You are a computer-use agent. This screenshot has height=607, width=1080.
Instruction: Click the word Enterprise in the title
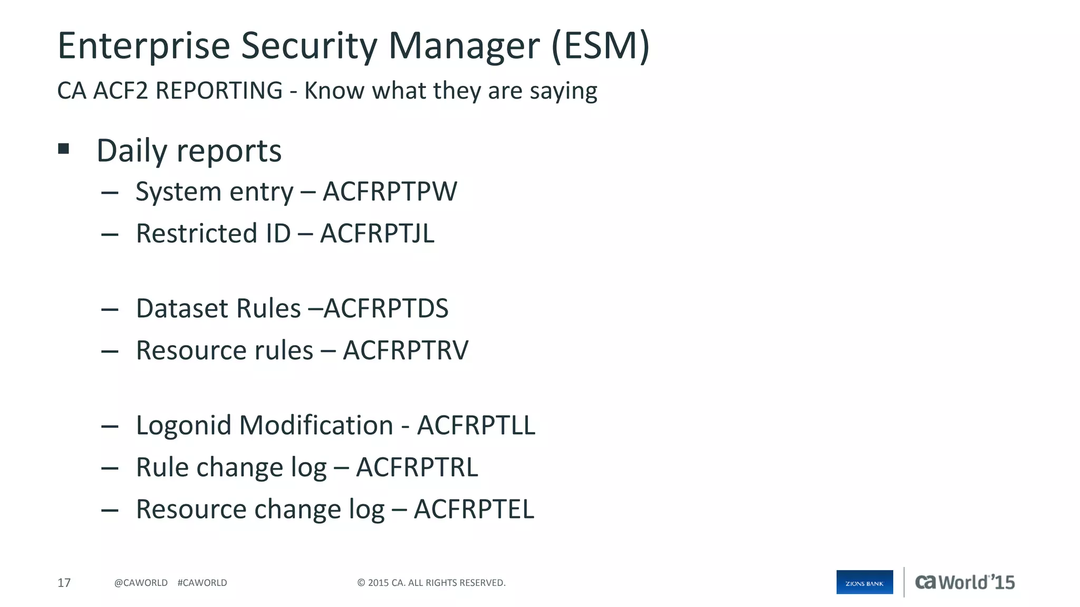(143, 46)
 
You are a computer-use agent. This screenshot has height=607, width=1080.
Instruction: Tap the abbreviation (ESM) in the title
(601, 46)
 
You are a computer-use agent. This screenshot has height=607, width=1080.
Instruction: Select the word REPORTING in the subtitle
(219, 91)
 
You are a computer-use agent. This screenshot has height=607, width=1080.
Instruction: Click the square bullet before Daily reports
(64, 149)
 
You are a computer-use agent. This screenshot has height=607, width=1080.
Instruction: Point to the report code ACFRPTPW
(390, 191)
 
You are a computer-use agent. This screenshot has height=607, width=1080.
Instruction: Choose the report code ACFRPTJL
(377, 233)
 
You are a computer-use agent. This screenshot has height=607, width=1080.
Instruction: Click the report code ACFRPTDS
(386, 308)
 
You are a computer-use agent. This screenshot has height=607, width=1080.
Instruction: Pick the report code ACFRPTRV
(405, 350)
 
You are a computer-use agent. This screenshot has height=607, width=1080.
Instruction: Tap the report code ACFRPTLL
(476, 425)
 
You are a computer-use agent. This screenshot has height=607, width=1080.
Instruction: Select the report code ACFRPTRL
(417, 467)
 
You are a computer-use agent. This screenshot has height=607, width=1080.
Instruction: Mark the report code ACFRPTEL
(474, 510)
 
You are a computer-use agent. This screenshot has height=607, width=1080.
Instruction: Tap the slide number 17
(64, 583)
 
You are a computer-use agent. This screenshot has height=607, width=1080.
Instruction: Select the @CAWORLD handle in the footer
(141, 583)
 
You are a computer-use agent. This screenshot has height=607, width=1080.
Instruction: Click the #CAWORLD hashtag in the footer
(202, 583)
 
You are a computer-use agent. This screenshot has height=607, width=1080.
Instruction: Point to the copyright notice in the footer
(431, 583)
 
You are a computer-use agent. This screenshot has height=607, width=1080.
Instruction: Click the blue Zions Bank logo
(864, 582)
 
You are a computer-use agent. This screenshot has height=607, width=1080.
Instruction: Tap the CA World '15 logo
(965, 582)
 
